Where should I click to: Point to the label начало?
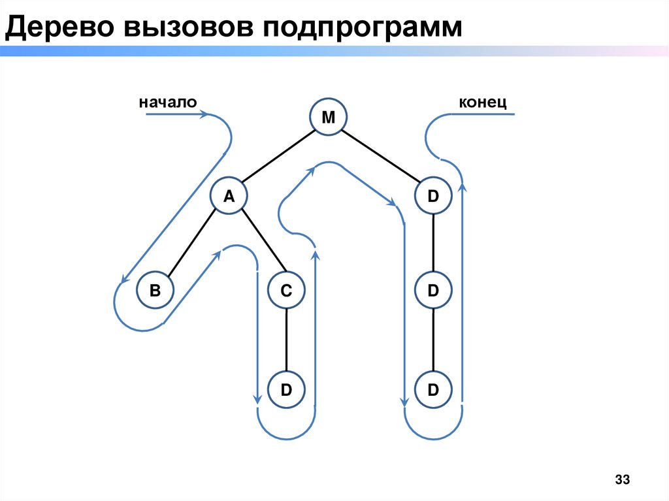[167, 102]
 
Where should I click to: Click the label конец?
[483, 102]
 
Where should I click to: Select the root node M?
[329, 118]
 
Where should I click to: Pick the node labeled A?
[229, 195]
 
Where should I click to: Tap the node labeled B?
[154, 291]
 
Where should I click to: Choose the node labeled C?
[286, 291]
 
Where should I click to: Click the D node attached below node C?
[286, 390]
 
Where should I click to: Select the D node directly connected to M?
[433, 195]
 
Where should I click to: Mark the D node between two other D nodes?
[433, 291]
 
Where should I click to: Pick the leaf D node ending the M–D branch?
[433, 390]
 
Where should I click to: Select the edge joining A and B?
[191, 243]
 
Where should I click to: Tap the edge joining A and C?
[257, 243]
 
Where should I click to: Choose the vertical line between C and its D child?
[286, 340]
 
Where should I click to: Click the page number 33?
[621, 481]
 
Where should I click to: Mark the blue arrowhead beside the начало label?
[204, 114]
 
